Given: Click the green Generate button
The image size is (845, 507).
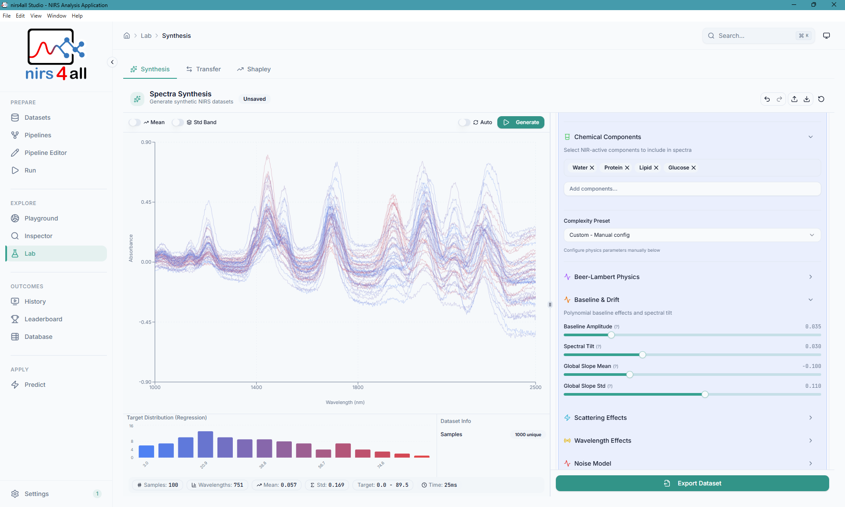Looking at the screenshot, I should coord(521,122).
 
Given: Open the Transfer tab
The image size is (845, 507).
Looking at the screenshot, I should coord(203,69).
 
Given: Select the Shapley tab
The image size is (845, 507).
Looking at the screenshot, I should coord(254,69).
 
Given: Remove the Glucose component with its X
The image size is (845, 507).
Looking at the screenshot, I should coord(694,168).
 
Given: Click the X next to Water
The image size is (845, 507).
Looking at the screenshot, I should coord(592,168).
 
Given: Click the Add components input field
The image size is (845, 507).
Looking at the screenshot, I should coord(692,189).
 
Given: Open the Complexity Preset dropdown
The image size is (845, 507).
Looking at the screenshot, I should coord(692,235).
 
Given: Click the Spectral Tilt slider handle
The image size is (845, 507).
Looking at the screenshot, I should coord(643,355).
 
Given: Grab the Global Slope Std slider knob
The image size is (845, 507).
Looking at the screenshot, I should coord(705,394).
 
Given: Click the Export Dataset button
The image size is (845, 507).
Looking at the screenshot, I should coord(692,483).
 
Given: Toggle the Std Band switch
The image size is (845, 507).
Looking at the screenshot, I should coord(178,122).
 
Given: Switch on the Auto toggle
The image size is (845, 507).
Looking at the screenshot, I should coord(464,122).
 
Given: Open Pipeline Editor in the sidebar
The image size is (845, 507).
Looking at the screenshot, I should coord(46,153).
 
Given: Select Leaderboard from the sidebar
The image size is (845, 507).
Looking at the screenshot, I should coord(43,319).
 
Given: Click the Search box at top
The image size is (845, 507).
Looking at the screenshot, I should coord(757,36).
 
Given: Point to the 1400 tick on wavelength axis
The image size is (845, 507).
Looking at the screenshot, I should coord(256,387).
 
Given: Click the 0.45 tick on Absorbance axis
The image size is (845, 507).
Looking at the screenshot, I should coord(146,202).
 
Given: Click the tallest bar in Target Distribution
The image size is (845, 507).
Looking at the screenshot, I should coord(205,445).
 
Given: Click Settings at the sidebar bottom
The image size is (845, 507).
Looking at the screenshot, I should coord(37,494).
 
